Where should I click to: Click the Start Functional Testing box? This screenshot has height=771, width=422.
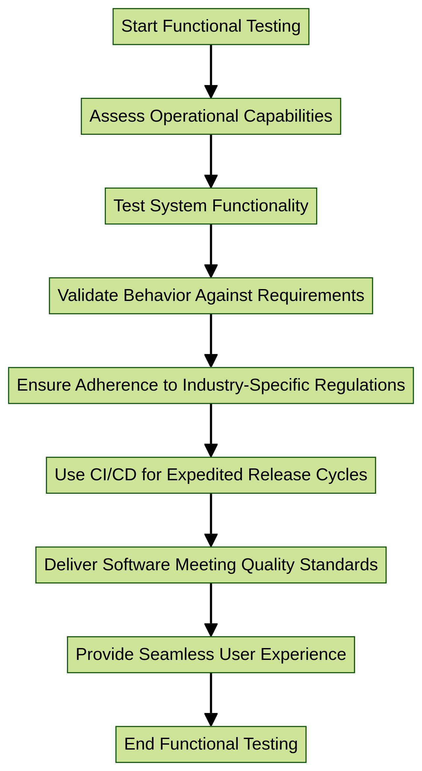click(x=211, y=26)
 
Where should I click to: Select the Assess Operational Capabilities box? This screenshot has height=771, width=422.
click(x=211, y=116)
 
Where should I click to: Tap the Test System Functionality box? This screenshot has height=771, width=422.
click(x=211, y=206)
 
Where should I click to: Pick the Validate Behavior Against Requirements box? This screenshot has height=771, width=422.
click(x=211, y=296)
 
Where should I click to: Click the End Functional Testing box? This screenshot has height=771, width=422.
click(x=211, y=744)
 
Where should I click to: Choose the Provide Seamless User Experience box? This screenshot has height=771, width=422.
click(x=211, y=655)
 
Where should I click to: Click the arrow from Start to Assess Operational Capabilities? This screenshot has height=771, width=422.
click(x=211, y=71)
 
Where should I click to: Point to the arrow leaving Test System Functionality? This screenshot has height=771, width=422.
click(x=211, y=251)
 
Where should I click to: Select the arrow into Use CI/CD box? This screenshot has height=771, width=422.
click(x=211, y=430)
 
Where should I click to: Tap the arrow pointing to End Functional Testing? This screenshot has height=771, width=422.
click(x=211, y=699)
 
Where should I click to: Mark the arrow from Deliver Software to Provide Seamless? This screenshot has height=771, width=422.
click(x=211, y=610)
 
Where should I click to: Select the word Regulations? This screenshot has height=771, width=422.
click(x=360, y=385)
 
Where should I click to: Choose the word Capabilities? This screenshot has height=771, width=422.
click(x=288, y=116)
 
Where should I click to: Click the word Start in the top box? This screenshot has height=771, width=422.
click(x=139, y=26)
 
